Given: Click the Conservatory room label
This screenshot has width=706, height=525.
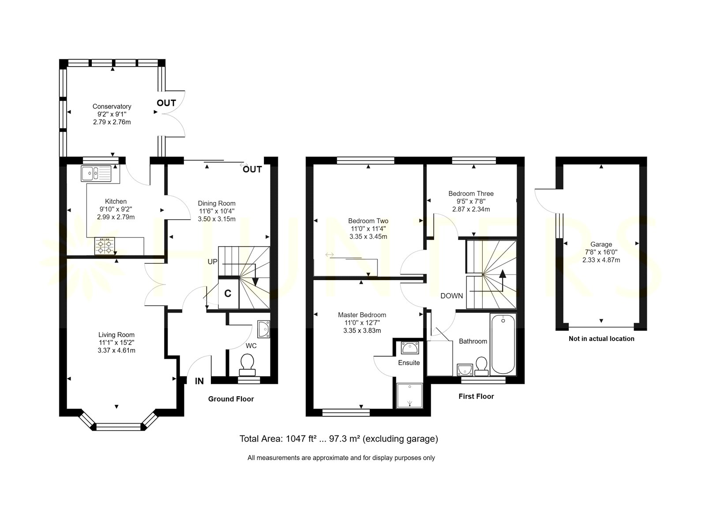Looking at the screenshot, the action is [x=112, y=106].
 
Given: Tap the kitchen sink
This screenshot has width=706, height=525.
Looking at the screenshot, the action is [x=96, y=173].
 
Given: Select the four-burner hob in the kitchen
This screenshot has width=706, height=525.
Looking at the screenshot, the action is [x=105, y=247].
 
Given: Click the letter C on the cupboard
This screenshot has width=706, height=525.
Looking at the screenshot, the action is [x=228, y=293].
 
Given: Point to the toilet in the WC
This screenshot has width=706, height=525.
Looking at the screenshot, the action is [x=248, y=365].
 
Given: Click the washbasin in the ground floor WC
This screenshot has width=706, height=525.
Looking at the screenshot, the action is [x=264, y=329].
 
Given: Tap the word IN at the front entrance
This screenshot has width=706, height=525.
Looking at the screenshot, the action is [x=199, y=381].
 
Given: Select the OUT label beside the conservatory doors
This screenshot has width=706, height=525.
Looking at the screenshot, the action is [x=166, y=103].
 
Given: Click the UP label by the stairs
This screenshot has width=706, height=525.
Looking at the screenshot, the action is [x=212, y=262].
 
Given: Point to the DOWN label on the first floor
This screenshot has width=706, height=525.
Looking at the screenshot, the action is [x=451, y=296].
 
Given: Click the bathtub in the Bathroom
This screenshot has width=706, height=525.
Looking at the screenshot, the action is [x=503, y=344].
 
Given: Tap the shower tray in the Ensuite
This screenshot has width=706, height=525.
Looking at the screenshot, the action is [x=409, y=395].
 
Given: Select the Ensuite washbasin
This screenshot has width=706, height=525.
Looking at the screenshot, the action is [x=409, y=348].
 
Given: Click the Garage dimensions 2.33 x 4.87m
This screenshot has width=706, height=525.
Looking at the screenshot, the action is [x=601, y=260].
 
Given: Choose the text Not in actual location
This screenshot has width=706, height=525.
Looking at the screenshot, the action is [x=601, y=339].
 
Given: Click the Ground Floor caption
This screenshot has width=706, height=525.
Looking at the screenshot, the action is [x=231, y=399].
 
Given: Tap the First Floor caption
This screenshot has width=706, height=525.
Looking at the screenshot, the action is [x=476, y=396].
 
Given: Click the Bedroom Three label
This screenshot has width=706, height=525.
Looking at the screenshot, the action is [x=471, y=194].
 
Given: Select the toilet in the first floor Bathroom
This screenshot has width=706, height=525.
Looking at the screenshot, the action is [x=481, y=366].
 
